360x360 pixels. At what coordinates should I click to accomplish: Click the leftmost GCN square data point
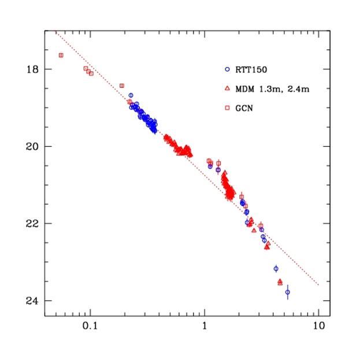point(61,55)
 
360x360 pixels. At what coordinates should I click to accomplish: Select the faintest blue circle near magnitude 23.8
point(287,292)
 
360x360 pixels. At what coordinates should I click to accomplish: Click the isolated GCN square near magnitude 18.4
point(121,86)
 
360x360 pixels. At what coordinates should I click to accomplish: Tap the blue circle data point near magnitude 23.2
point(276,269)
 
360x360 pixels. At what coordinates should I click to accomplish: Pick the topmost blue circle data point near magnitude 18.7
point(131,95)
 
